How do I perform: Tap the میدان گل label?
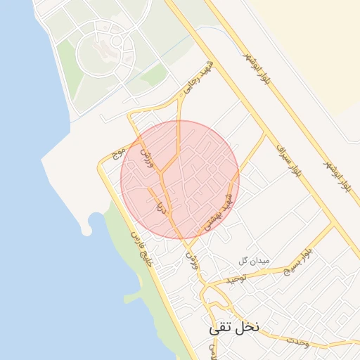(254, 261)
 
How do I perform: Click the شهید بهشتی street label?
(218, 209)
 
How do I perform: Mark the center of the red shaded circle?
(180, 180)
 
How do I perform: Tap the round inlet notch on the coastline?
(87, 226)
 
